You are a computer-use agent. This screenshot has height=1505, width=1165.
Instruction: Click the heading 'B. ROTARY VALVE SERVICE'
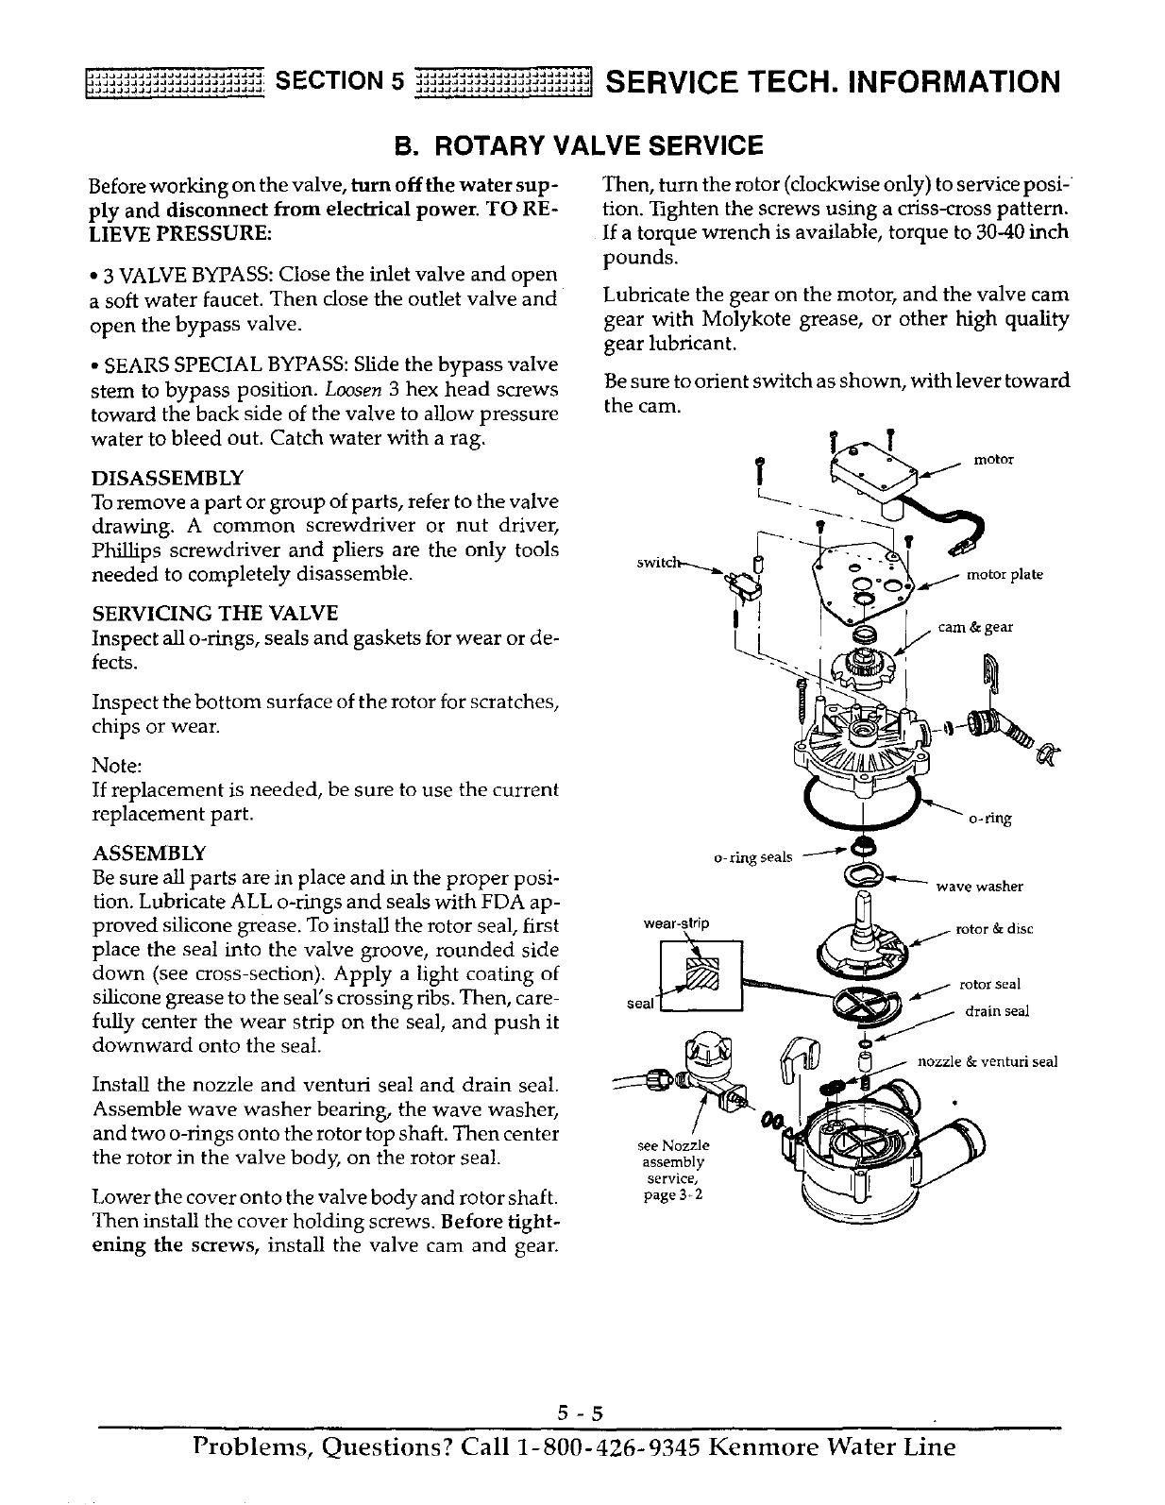578,145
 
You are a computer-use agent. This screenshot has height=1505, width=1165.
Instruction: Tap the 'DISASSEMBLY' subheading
167,477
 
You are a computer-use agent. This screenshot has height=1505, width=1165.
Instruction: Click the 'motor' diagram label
993,460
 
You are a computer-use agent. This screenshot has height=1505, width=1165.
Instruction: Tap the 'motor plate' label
1005,575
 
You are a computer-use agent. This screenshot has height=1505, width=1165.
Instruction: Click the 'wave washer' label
979,887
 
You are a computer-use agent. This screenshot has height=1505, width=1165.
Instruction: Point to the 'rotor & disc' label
995,929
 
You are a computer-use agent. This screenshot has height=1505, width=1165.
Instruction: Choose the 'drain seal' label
996,1011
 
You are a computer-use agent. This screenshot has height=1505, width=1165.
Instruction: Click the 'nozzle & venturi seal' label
988,1061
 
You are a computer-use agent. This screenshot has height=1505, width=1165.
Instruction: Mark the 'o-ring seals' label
751,857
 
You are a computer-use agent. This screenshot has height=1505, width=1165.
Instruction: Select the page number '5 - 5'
579,1413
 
